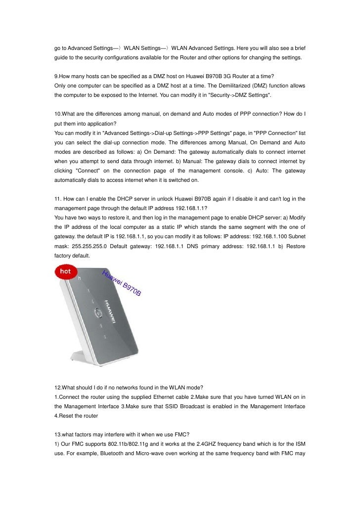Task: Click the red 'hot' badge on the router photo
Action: pos(65,271)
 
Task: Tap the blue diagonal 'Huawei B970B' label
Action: pos(122,284)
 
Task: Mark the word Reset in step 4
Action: pos(70,416)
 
